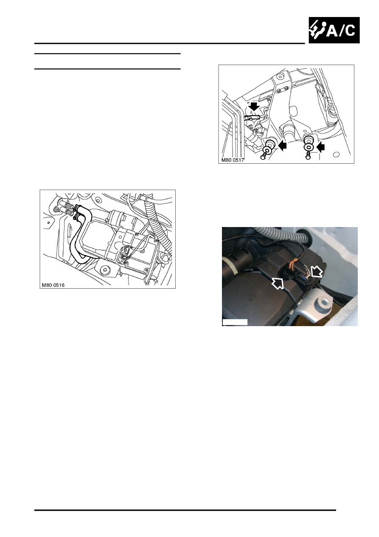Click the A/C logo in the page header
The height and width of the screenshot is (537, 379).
pyautogui.click(x=334, y=30)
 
